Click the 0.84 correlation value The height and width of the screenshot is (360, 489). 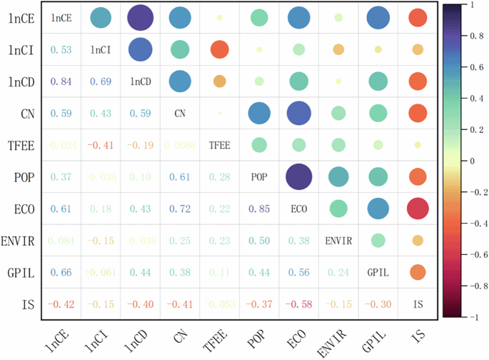[61, 81]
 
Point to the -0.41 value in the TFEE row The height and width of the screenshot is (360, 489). [101, 145]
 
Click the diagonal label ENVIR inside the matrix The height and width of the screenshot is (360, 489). [338, 240]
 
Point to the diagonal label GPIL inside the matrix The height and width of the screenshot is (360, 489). [378, 272]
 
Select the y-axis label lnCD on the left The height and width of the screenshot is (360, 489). [18, 81]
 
